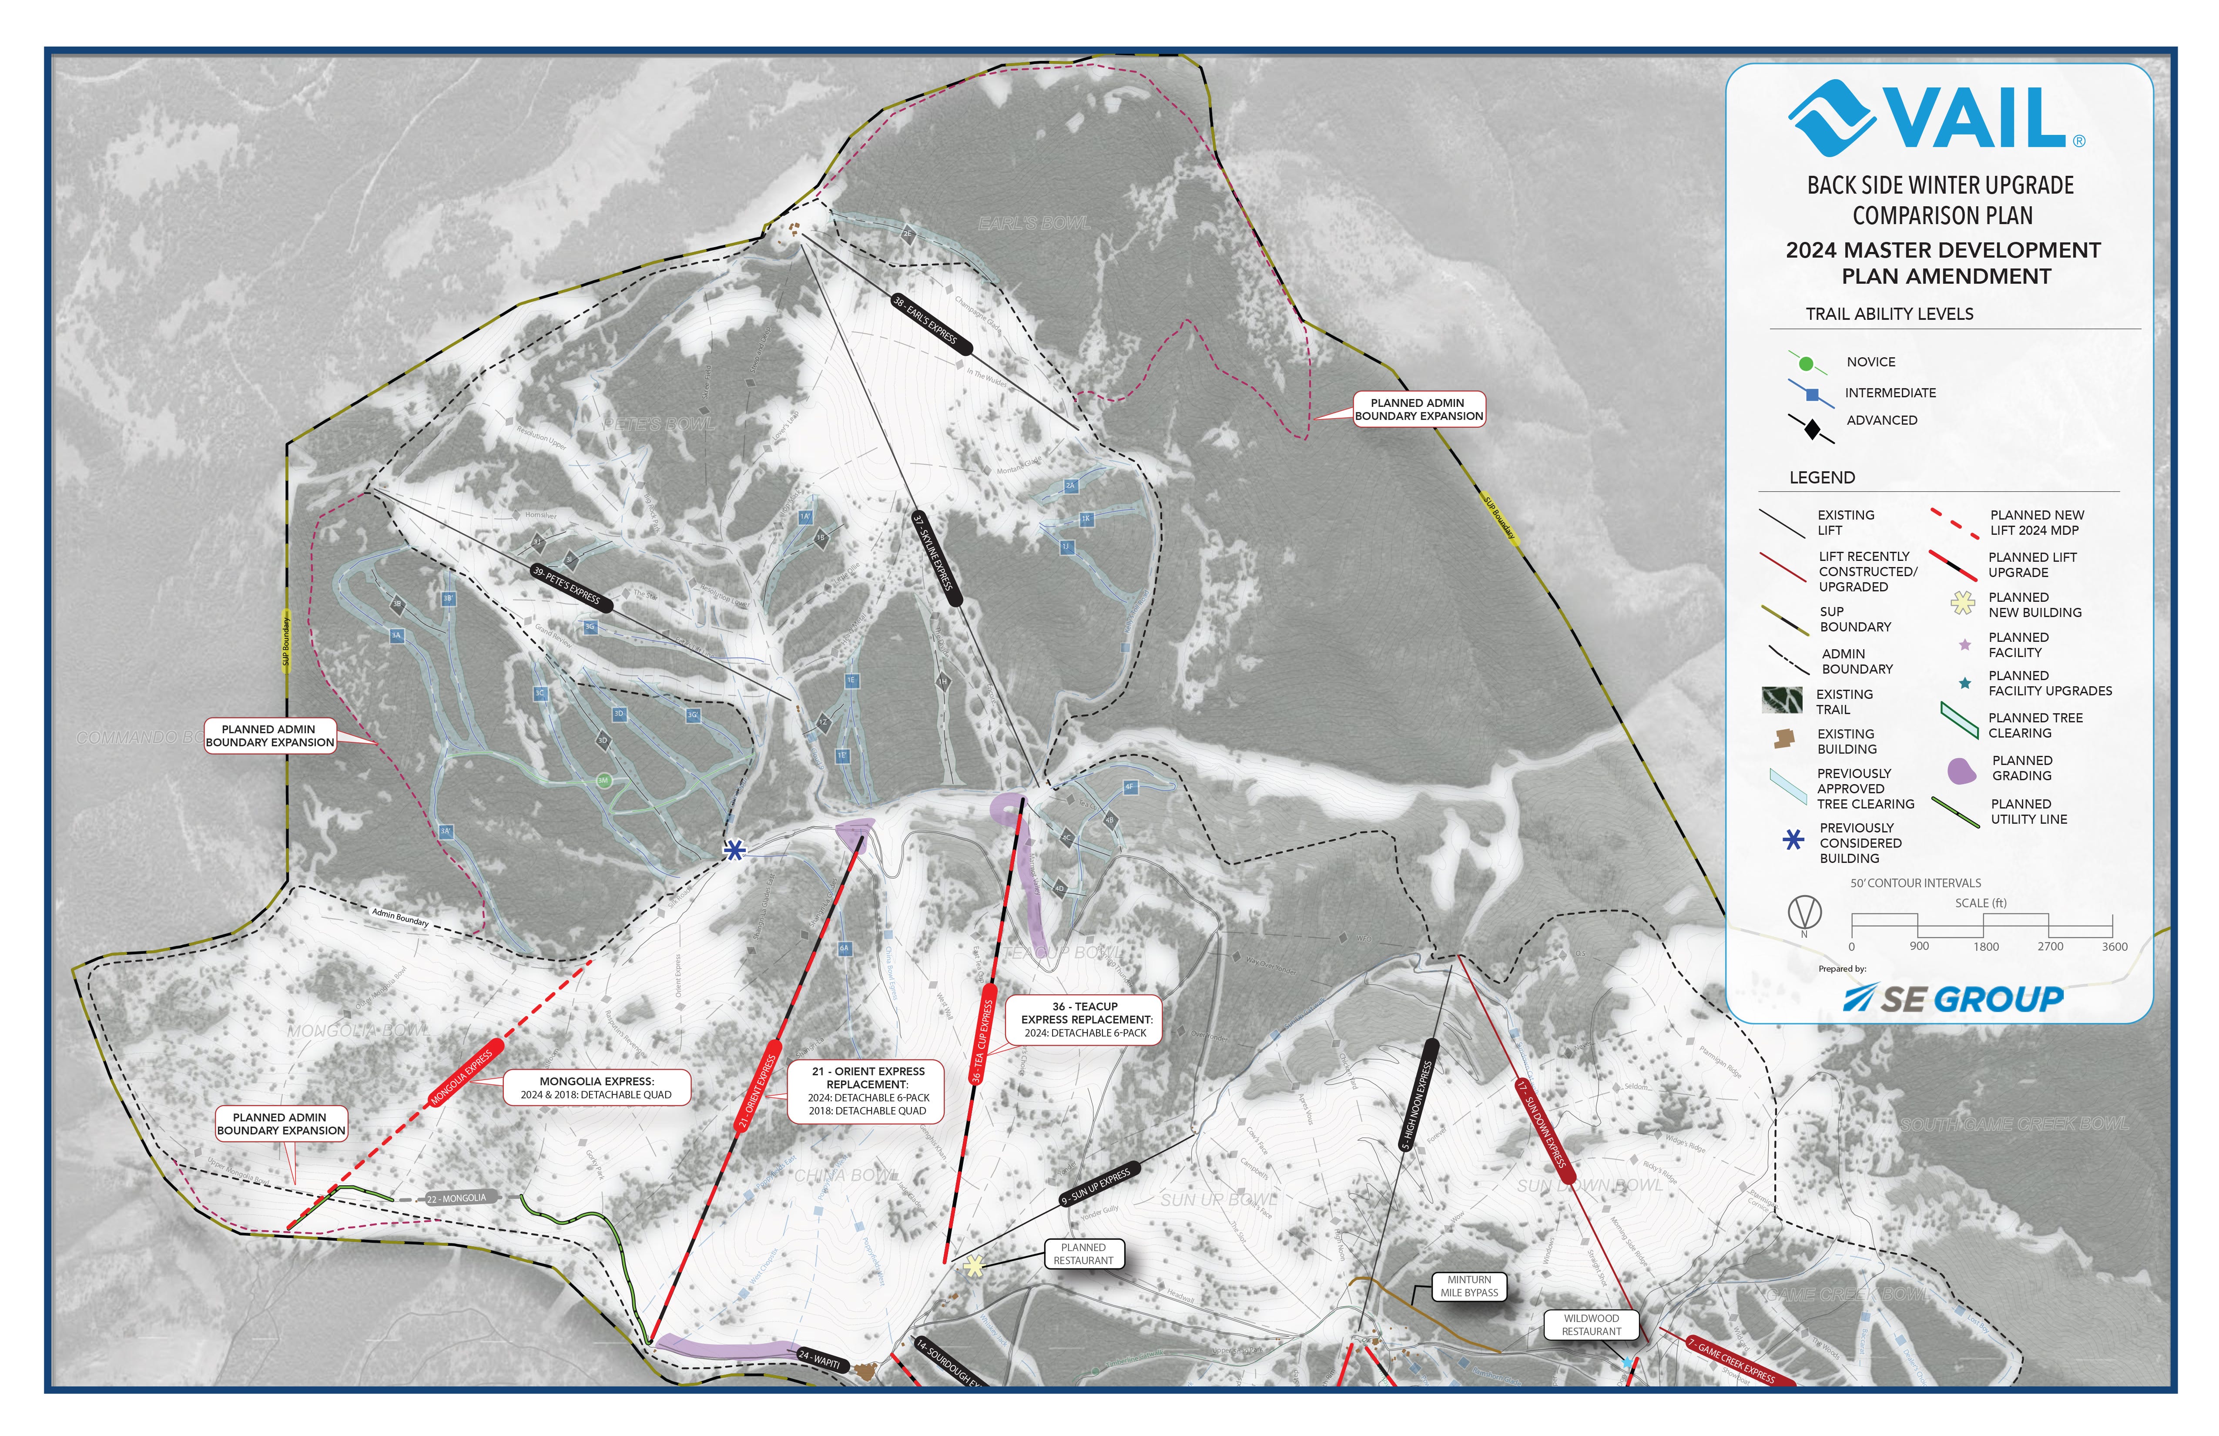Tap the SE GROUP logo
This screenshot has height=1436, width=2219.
tap(1953, 999)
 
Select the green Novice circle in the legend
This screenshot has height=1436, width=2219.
tap(1806, 363)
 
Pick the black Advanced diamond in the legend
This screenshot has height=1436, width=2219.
tap(1812, 429)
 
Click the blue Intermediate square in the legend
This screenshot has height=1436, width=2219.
tap(1812, 394)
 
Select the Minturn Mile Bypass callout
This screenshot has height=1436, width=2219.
tap(1468, 1286)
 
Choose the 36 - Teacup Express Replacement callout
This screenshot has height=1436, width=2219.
tap(1085, 1019)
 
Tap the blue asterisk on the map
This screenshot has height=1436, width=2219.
tap(735, 849)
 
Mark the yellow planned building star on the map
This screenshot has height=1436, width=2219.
tap(973, 1265)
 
